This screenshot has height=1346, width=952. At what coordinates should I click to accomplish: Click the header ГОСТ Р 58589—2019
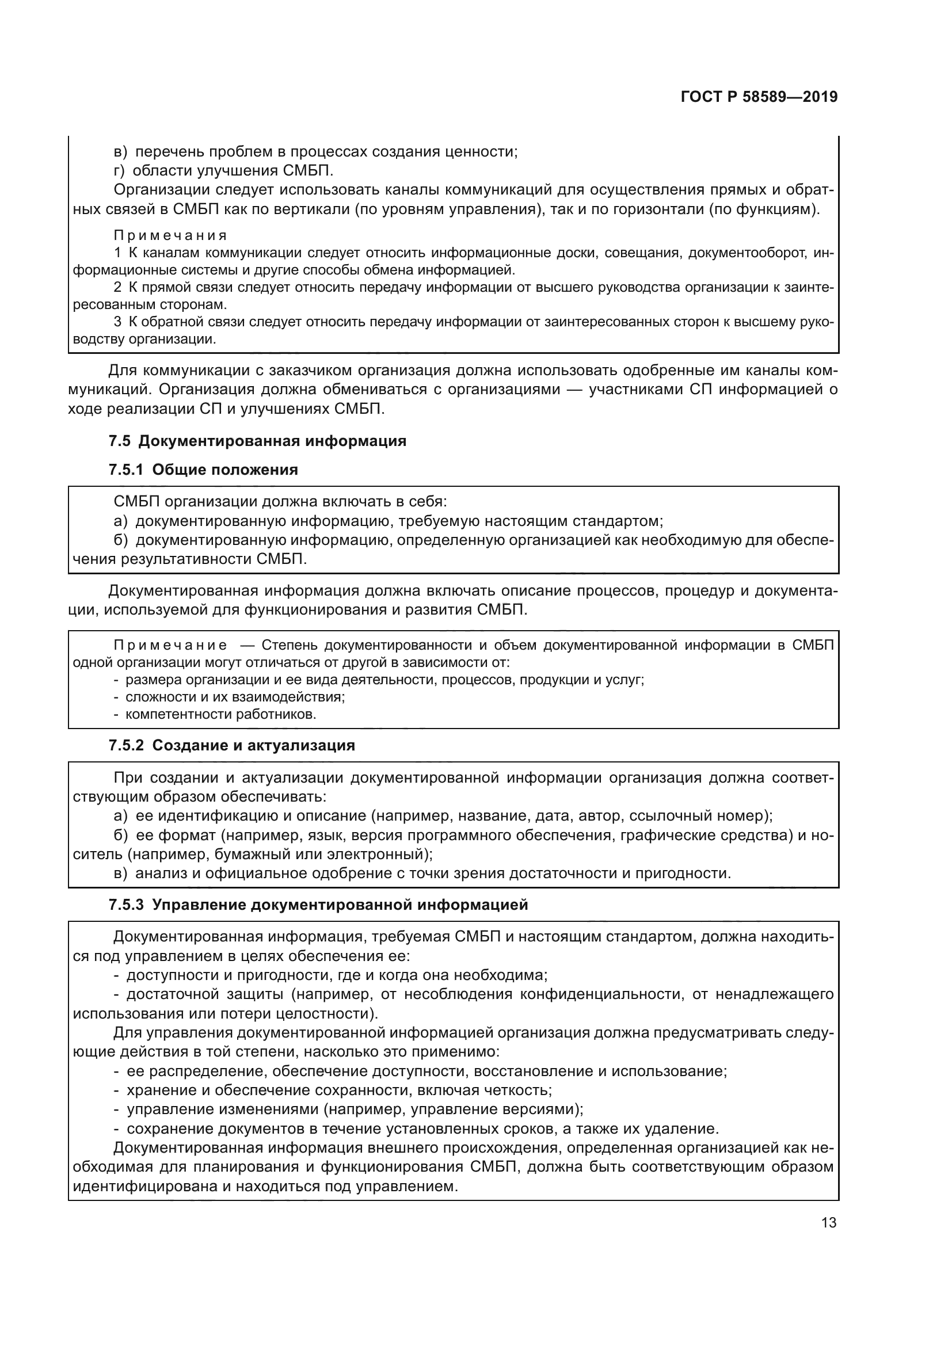[x=759, y=97]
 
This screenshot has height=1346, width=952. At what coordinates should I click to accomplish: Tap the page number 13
[x=828, y=1222]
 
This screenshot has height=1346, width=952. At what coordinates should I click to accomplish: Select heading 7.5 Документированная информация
[x=257, y=441]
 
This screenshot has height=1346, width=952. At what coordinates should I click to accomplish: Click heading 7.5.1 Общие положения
[x=203, y=470]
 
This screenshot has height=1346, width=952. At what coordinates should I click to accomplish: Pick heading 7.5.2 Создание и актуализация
[x=231, y=745]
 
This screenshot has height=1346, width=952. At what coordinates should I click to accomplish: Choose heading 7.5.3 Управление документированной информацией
[x=318, y=905]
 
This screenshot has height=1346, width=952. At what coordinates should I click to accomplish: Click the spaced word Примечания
[x=170, y=236]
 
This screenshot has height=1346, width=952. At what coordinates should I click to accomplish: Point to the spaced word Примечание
[x=170, y=646]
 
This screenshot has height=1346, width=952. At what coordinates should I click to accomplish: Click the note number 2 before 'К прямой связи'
[x=117, y=287]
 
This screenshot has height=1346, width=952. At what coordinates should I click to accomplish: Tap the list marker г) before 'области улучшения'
[x=120, y=170]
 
